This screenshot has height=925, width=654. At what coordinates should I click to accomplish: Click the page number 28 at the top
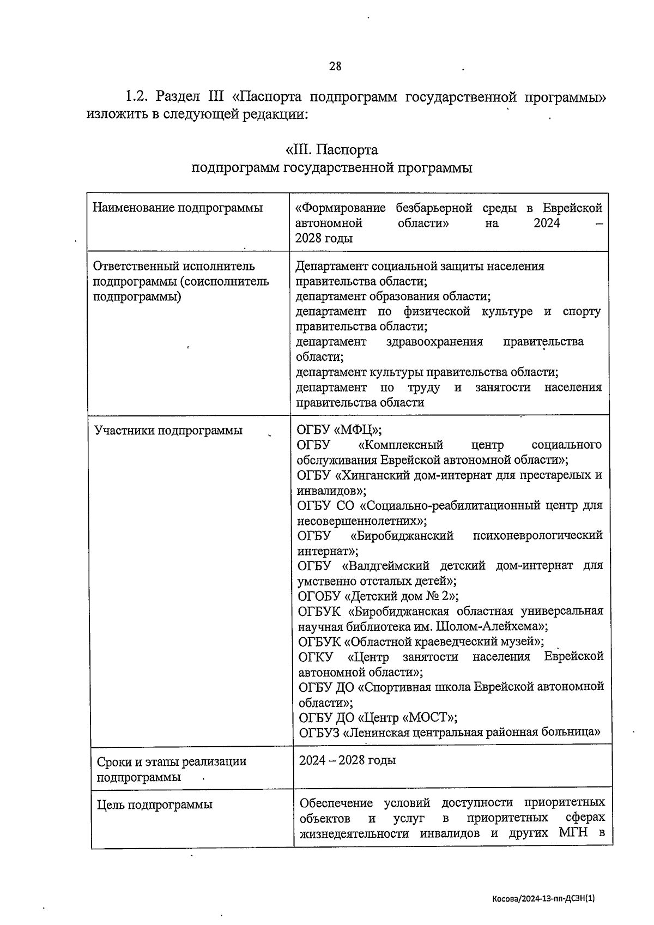click(335, 66)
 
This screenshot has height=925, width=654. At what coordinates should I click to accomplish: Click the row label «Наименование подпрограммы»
click(178, 208)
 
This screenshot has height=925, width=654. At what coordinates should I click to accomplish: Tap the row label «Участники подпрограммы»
click(168, 431)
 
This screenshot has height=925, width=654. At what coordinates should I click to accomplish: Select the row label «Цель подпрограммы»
click(155, 805)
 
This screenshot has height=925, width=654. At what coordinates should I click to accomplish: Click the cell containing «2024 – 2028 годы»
click(347, 760)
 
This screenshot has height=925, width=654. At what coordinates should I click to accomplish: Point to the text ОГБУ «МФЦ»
click(338, 430)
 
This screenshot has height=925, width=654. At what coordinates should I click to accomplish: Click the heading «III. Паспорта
click(331, 149)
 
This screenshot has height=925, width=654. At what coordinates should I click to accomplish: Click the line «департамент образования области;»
click(392, 297)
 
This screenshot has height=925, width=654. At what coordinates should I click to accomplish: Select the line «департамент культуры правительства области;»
click(427, 372)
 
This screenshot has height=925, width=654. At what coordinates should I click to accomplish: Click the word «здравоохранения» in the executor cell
click(434, 342)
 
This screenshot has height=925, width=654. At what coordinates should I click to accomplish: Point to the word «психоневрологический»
click(538, 536)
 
